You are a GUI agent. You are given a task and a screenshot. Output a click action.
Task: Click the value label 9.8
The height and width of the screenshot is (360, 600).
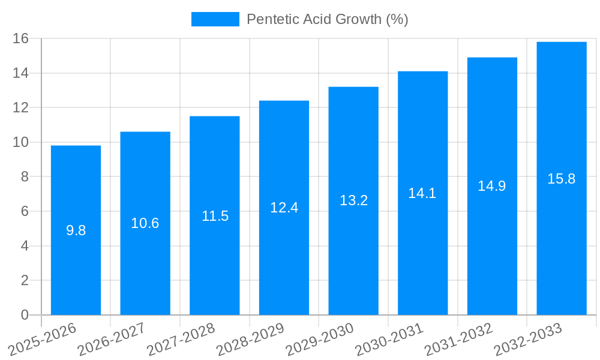(x=76, y=230)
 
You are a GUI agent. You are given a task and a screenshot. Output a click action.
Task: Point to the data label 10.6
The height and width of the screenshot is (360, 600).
(x=145, y=223)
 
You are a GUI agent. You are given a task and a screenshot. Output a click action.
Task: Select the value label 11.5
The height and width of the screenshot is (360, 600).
(x=215, y=216)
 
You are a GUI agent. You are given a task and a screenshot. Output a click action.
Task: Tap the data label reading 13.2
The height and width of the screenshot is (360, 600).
(x=353, y=200)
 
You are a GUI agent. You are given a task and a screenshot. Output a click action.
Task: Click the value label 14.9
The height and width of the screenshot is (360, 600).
(x=492, y=186)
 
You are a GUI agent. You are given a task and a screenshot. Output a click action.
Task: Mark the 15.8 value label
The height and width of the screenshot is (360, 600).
(x=562, y=179)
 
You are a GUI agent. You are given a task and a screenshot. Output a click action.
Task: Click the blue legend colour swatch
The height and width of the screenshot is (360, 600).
(x=215, y=19)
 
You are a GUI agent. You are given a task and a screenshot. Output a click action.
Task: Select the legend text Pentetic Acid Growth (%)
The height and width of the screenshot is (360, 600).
(x=328, y=19)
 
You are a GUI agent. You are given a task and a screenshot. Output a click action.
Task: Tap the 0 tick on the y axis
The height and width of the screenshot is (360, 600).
(x=25, y=315)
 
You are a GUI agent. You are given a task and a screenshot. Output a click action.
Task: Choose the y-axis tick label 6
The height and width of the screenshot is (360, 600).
(x=25, y=211)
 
